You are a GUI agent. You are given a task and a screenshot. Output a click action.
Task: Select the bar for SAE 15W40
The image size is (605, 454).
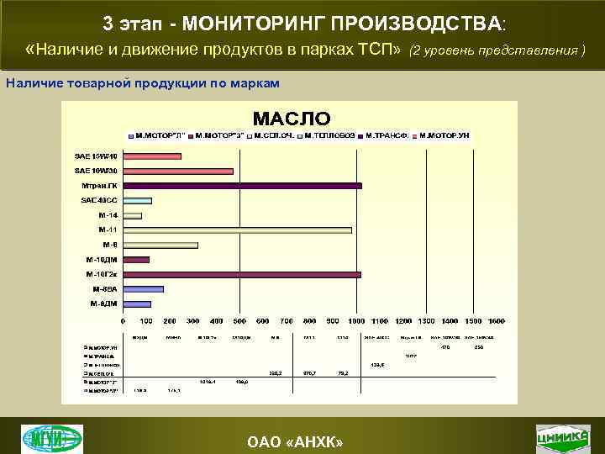coord(152,156)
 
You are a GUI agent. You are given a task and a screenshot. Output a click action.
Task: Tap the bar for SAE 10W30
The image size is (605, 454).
coord(178,172)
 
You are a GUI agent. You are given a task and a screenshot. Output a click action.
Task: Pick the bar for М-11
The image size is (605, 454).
coord(237,230)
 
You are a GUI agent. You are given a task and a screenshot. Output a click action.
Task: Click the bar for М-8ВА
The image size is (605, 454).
coord(143,289)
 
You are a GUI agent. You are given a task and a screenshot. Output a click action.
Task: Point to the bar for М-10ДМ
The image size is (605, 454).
coord(136,260)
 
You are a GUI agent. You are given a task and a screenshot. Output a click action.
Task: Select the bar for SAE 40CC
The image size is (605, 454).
coord(137,201)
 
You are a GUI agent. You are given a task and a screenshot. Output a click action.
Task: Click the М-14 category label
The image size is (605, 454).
coord(108,215)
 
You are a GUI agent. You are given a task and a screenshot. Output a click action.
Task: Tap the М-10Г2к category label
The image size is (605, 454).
coord(102,274)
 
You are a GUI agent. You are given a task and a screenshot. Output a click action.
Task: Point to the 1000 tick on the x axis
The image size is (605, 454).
coord(356,321)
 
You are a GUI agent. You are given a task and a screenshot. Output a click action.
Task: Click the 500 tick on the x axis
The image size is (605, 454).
coord(239,321)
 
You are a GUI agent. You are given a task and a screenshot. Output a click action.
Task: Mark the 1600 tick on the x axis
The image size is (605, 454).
coord(496,321)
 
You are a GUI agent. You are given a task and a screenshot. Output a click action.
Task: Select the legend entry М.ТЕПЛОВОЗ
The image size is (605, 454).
coord(332,135)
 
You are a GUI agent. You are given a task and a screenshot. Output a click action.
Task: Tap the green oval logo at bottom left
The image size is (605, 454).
coord(52,439)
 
